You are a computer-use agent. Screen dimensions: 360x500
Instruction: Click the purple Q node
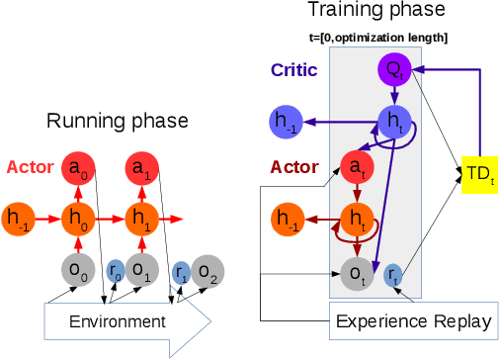pyautogui.click(x=393, y=69)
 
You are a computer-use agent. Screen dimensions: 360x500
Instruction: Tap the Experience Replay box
pyautogui.click(x=413, y=321)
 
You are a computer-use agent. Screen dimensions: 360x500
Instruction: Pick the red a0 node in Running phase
pyautogui.click(x=79, y=169)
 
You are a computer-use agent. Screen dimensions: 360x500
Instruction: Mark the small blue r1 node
pyautogui.click(x=181, y=268)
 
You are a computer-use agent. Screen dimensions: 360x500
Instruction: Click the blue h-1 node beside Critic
pyautogui.click(x=287, y=123)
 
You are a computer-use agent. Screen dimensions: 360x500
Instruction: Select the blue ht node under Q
pyautogui.click(x=393, y=123)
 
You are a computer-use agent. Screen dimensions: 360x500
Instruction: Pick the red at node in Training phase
pyautogui.click(x=356, y=169)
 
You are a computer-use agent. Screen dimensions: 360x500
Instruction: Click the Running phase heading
pyautogui.click(x=116, y=121)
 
